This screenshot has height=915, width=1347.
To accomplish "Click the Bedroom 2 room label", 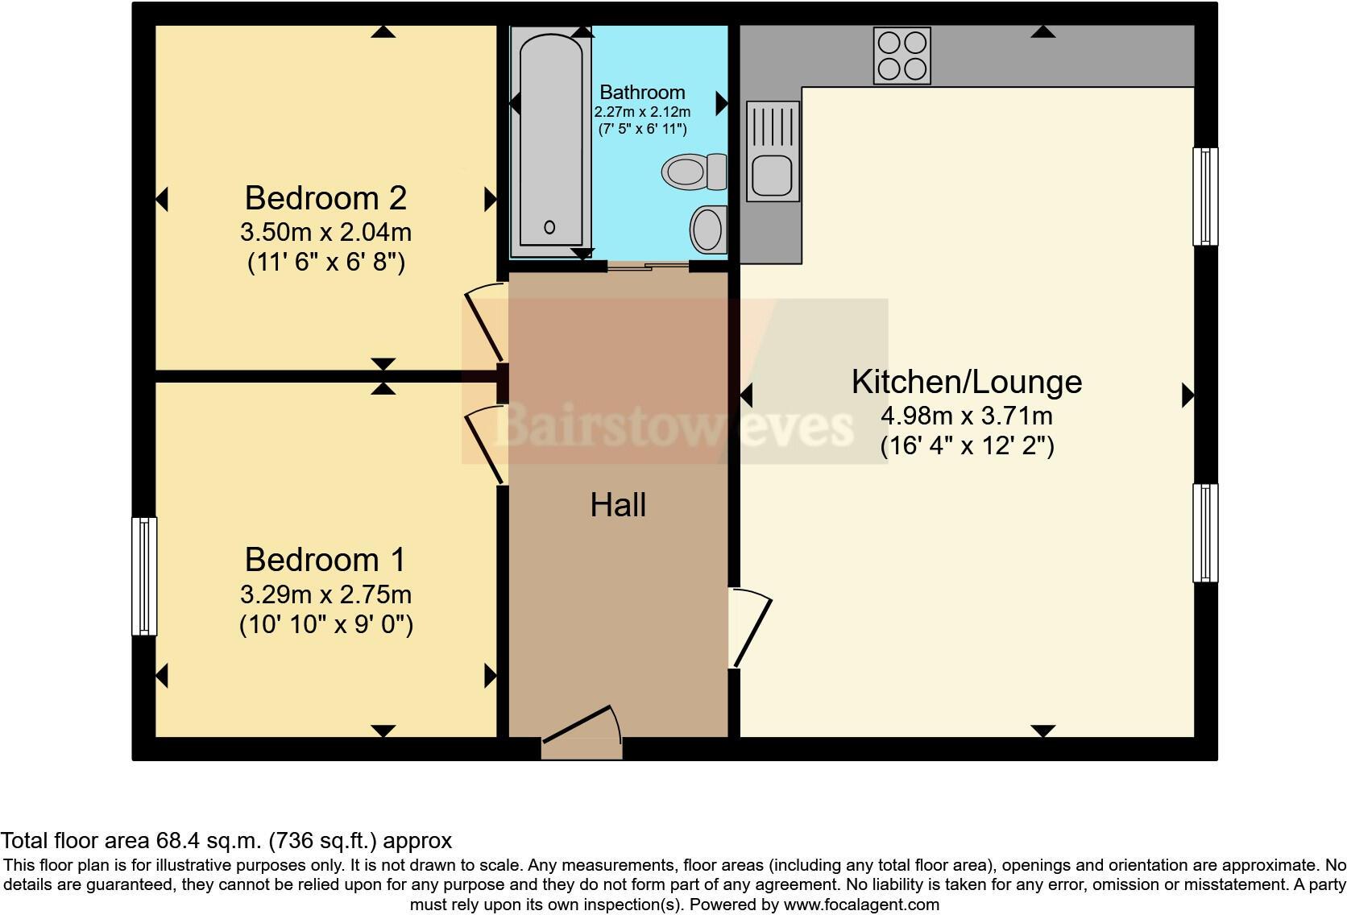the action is (325, 198).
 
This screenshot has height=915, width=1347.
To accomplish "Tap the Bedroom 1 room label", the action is (325, 561).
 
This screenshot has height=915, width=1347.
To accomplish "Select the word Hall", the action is (618, 505).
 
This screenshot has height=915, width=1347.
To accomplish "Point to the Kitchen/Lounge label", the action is (967, 382).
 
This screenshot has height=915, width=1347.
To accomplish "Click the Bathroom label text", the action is (642, 92).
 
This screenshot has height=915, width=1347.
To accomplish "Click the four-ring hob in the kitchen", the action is (902, 56).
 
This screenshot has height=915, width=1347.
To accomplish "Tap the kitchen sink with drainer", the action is (773, 151).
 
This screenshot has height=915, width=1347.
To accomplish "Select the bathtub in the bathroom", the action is (550, 141).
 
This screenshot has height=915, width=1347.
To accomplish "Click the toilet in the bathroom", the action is (694, 172).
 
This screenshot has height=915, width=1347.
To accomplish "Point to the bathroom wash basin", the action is (709, 229).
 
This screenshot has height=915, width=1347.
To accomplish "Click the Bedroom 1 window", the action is (144, 576).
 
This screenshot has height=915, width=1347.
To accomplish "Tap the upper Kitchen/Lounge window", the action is (1205, 197).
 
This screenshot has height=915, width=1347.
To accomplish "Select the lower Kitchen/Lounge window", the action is (1205, 532).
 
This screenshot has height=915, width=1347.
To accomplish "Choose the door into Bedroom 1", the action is (485, 445).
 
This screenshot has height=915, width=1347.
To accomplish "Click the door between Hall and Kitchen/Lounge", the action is (750, 627).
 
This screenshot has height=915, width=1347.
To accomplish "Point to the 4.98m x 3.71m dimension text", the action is (967, 416).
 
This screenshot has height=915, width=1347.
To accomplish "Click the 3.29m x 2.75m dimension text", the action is (325, 594).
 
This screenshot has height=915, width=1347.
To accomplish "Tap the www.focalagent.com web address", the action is (861, 905).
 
